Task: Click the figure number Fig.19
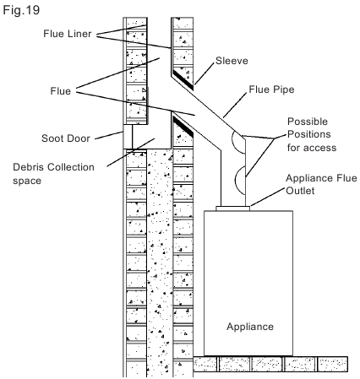21,10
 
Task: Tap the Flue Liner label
68,34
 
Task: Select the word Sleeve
232,61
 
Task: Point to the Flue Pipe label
271,89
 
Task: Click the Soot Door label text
66,138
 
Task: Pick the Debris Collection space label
53,174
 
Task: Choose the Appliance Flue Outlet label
321,184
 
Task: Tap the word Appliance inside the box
250,327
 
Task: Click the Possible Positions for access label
312,134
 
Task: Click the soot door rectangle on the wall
128,137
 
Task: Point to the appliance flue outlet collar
232,208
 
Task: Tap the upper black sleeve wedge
183,80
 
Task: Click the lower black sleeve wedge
183,127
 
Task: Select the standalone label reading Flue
60,91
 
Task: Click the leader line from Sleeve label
205,73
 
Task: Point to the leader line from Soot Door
109,135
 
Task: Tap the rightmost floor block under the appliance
332,364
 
